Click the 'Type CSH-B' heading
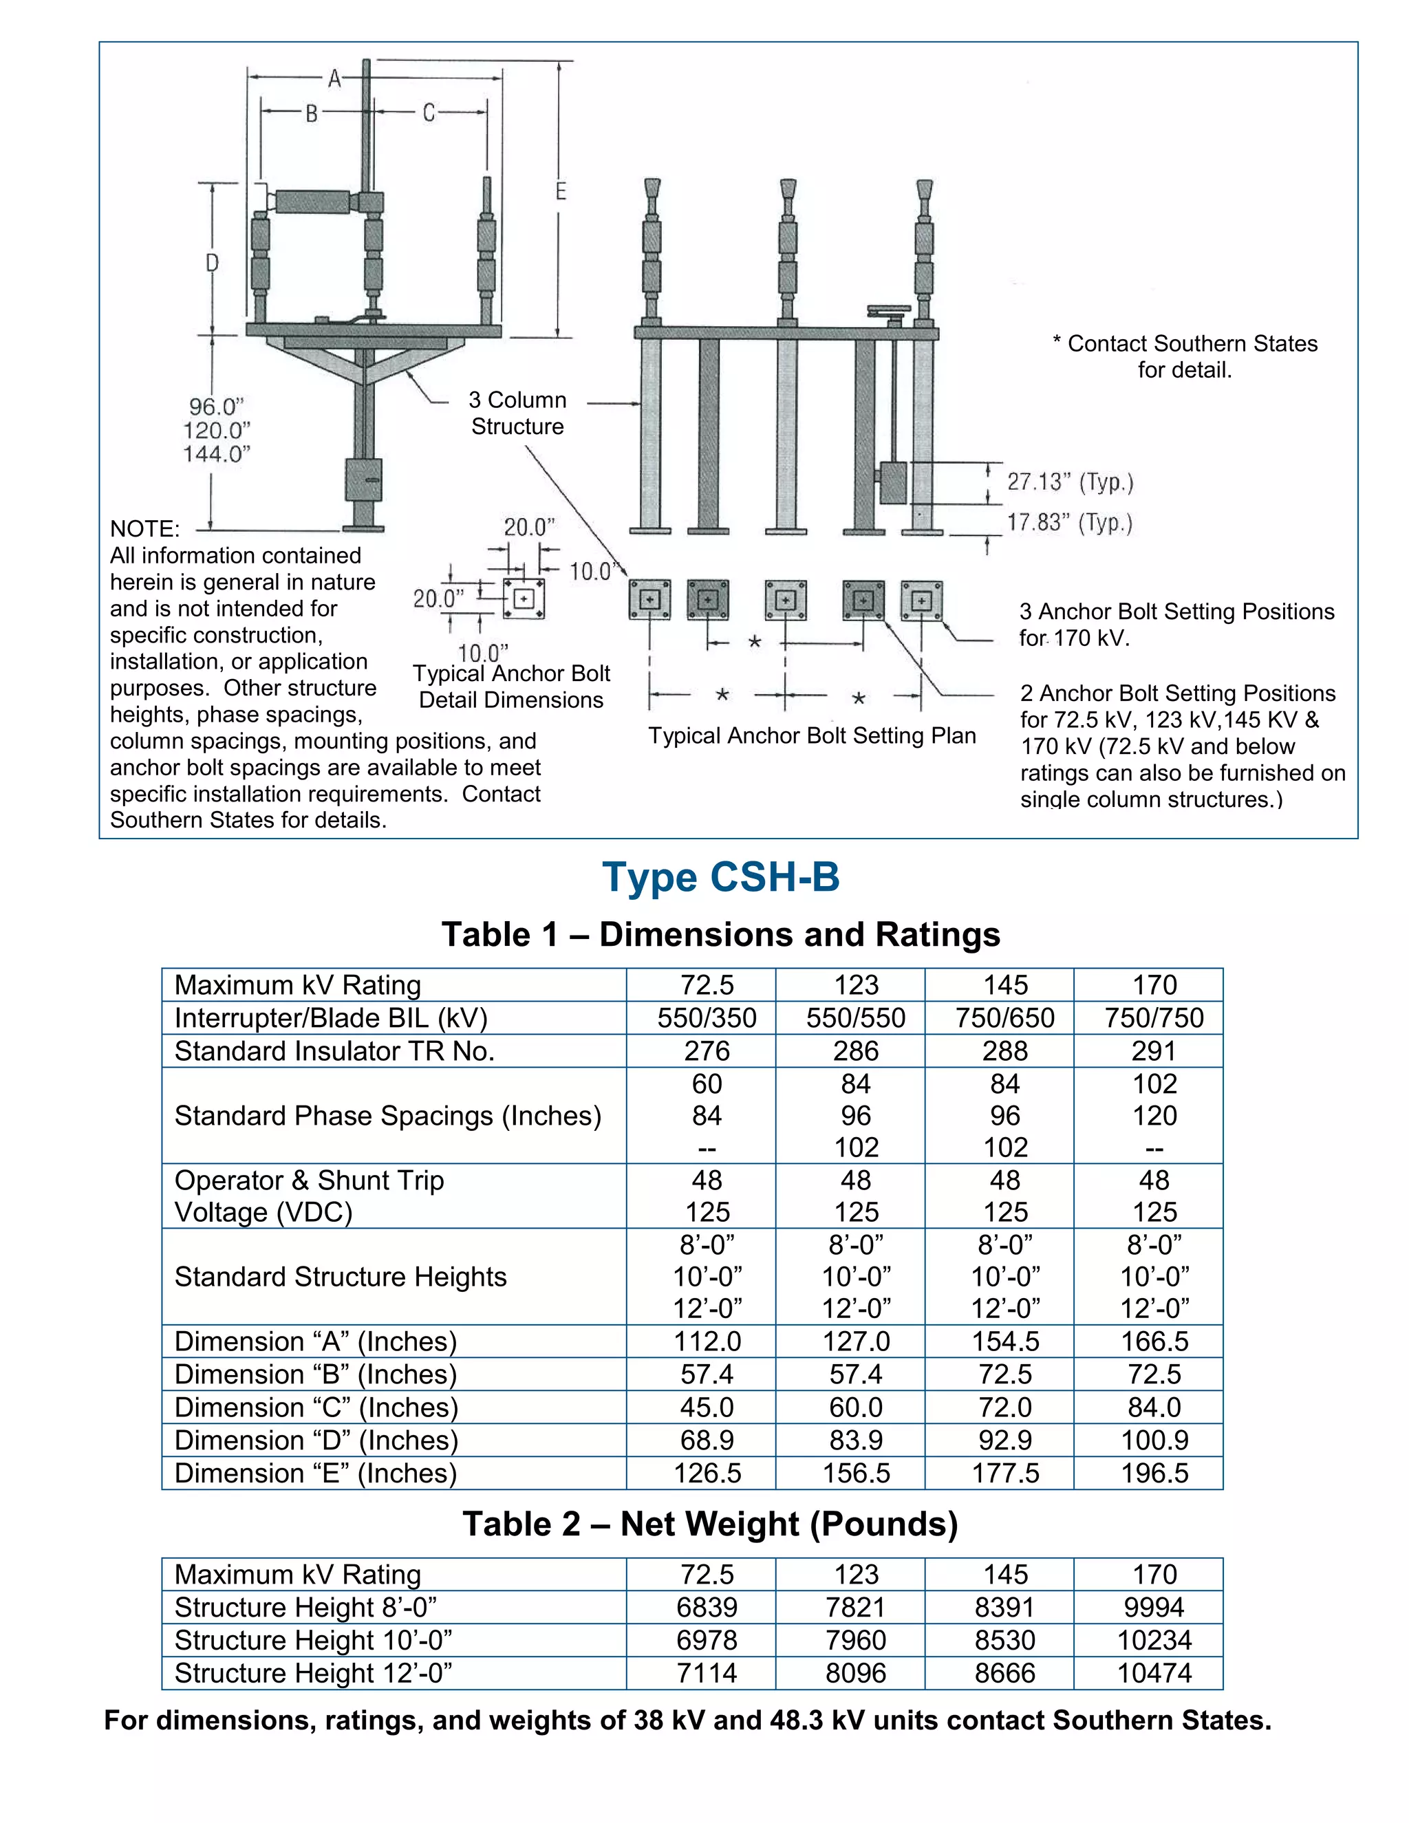(x=720, y=877)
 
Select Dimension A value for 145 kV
(x=1005, y=1341)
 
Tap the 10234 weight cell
(x=1154, y=1640)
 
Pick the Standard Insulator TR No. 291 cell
(x=1154, y=1051)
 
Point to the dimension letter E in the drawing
(x=561, y=191)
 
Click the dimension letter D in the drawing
(x=212, y=263)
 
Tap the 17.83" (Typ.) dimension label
(x=1069, y=524)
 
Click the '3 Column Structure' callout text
(x=517, y=413)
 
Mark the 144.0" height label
(x=217, y=454)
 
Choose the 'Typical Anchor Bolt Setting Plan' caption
(x=811, y=735)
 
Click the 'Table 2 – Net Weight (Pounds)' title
(x=709, y=1524)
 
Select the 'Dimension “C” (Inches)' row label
(x=316, y=1407)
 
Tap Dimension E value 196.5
(x=1154, y=1474)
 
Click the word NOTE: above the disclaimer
(x=144, y=529)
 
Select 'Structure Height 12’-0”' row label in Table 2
(x=313, y=1673)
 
